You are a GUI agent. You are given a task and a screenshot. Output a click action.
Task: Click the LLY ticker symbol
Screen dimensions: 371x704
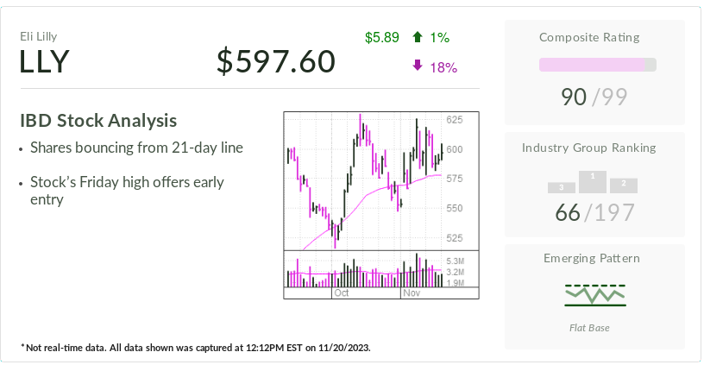click(44, 62)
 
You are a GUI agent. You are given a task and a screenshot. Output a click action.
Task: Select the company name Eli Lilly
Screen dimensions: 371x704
click(39, 36)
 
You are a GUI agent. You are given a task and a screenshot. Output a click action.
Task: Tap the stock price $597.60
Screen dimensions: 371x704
click(275, 61)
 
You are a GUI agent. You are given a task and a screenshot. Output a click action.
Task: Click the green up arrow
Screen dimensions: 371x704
click(418, 37)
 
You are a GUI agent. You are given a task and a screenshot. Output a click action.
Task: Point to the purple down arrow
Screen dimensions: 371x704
click(418, 66)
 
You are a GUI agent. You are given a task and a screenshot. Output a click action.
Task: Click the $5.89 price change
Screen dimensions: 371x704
click(382, 37)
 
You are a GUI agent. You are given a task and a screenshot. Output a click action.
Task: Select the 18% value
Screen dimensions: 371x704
click(443, 67)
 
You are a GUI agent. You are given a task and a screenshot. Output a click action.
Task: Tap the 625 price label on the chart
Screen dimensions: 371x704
click(455, 120)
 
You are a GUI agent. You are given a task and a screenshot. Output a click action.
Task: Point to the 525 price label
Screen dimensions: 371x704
click(455, 238)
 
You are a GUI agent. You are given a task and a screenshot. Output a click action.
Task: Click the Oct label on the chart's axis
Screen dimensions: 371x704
click(341, 293)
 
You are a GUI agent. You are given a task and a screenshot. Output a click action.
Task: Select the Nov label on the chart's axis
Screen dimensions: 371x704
click(412, 293)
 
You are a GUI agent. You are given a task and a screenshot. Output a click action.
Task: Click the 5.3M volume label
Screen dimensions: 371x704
click(456, 261)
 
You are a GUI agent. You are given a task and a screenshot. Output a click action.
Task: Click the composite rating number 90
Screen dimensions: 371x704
click(574, 97)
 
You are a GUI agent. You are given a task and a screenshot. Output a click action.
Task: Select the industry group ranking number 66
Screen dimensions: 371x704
click(568, 211)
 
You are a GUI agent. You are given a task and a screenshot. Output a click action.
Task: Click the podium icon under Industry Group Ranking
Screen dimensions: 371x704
click(593, 181)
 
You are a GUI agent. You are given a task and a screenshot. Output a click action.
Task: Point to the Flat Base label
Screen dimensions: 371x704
click(595, 327)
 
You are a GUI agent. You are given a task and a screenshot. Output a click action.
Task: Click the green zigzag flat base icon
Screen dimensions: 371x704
click(595, 295)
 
